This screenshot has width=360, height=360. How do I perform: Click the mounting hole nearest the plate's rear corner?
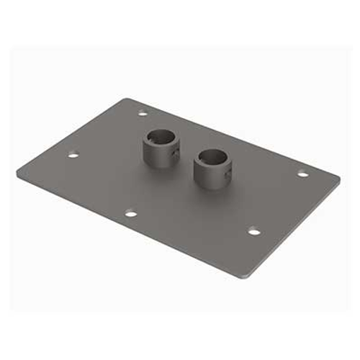143,112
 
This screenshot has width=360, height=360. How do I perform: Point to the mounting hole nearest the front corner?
253,230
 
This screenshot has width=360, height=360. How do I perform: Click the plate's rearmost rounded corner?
127,99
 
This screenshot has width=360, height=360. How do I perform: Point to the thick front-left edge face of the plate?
130,229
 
